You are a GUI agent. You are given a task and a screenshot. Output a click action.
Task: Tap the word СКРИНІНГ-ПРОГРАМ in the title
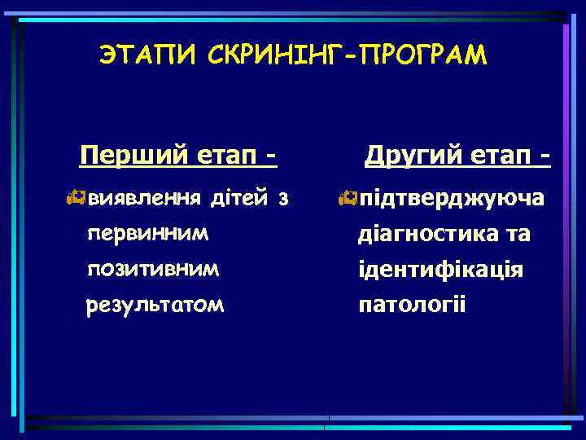347,55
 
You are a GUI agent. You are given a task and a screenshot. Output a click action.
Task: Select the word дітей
237,198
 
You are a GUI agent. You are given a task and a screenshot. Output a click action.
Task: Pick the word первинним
147,233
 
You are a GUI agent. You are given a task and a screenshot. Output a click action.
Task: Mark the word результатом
156,305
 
